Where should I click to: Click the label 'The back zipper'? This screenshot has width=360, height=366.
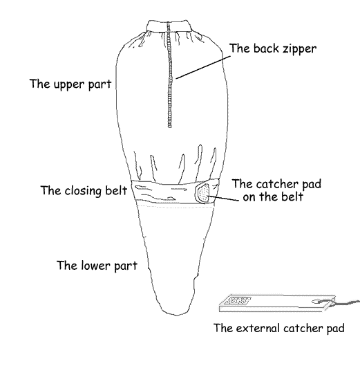[273, 48]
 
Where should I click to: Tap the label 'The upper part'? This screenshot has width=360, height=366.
[70, 84]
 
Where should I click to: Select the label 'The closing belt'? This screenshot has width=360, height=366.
[84, 190]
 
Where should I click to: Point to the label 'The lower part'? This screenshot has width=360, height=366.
[97, 266]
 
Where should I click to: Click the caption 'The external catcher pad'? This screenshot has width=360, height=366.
[279, 328]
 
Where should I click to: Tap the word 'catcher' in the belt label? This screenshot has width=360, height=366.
[277, 184]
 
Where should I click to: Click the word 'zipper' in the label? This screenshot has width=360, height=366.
[300, 49]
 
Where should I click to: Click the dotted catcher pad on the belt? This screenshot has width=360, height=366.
[203, 193]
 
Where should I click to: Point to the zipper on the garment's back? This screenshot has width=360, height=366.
[169, 75]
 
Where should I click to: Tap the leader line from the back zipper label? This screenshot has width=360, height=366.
[203, 67]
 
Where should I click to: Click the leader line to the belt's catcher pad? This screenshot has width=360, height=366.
[223, 198]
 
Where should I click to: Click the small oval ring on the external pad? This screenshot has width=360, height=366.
[316, 302]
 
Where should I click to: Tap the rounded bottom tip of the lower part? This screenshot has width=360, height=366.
[176, 315]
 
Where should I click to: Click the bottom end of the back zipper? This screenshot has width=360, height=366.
[170, 127]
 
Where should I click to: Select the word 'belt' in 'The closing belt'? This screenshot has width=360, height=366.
[116, 190]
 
